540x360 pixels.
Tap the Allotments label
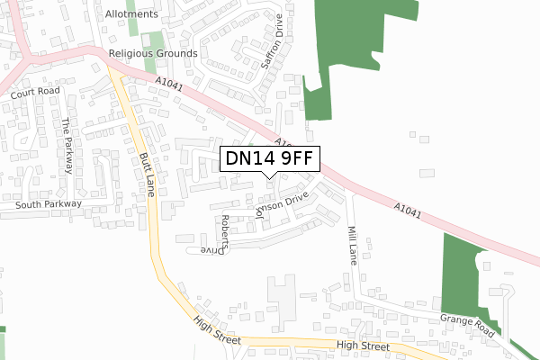point(131,14)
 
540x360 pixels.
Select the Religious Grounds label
point(152,54)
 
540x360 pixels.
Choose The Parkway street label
point(67,147)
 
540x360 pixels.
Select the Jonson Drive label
point(283,206)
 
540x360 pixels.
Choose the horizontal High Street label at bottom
point(363,346)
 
